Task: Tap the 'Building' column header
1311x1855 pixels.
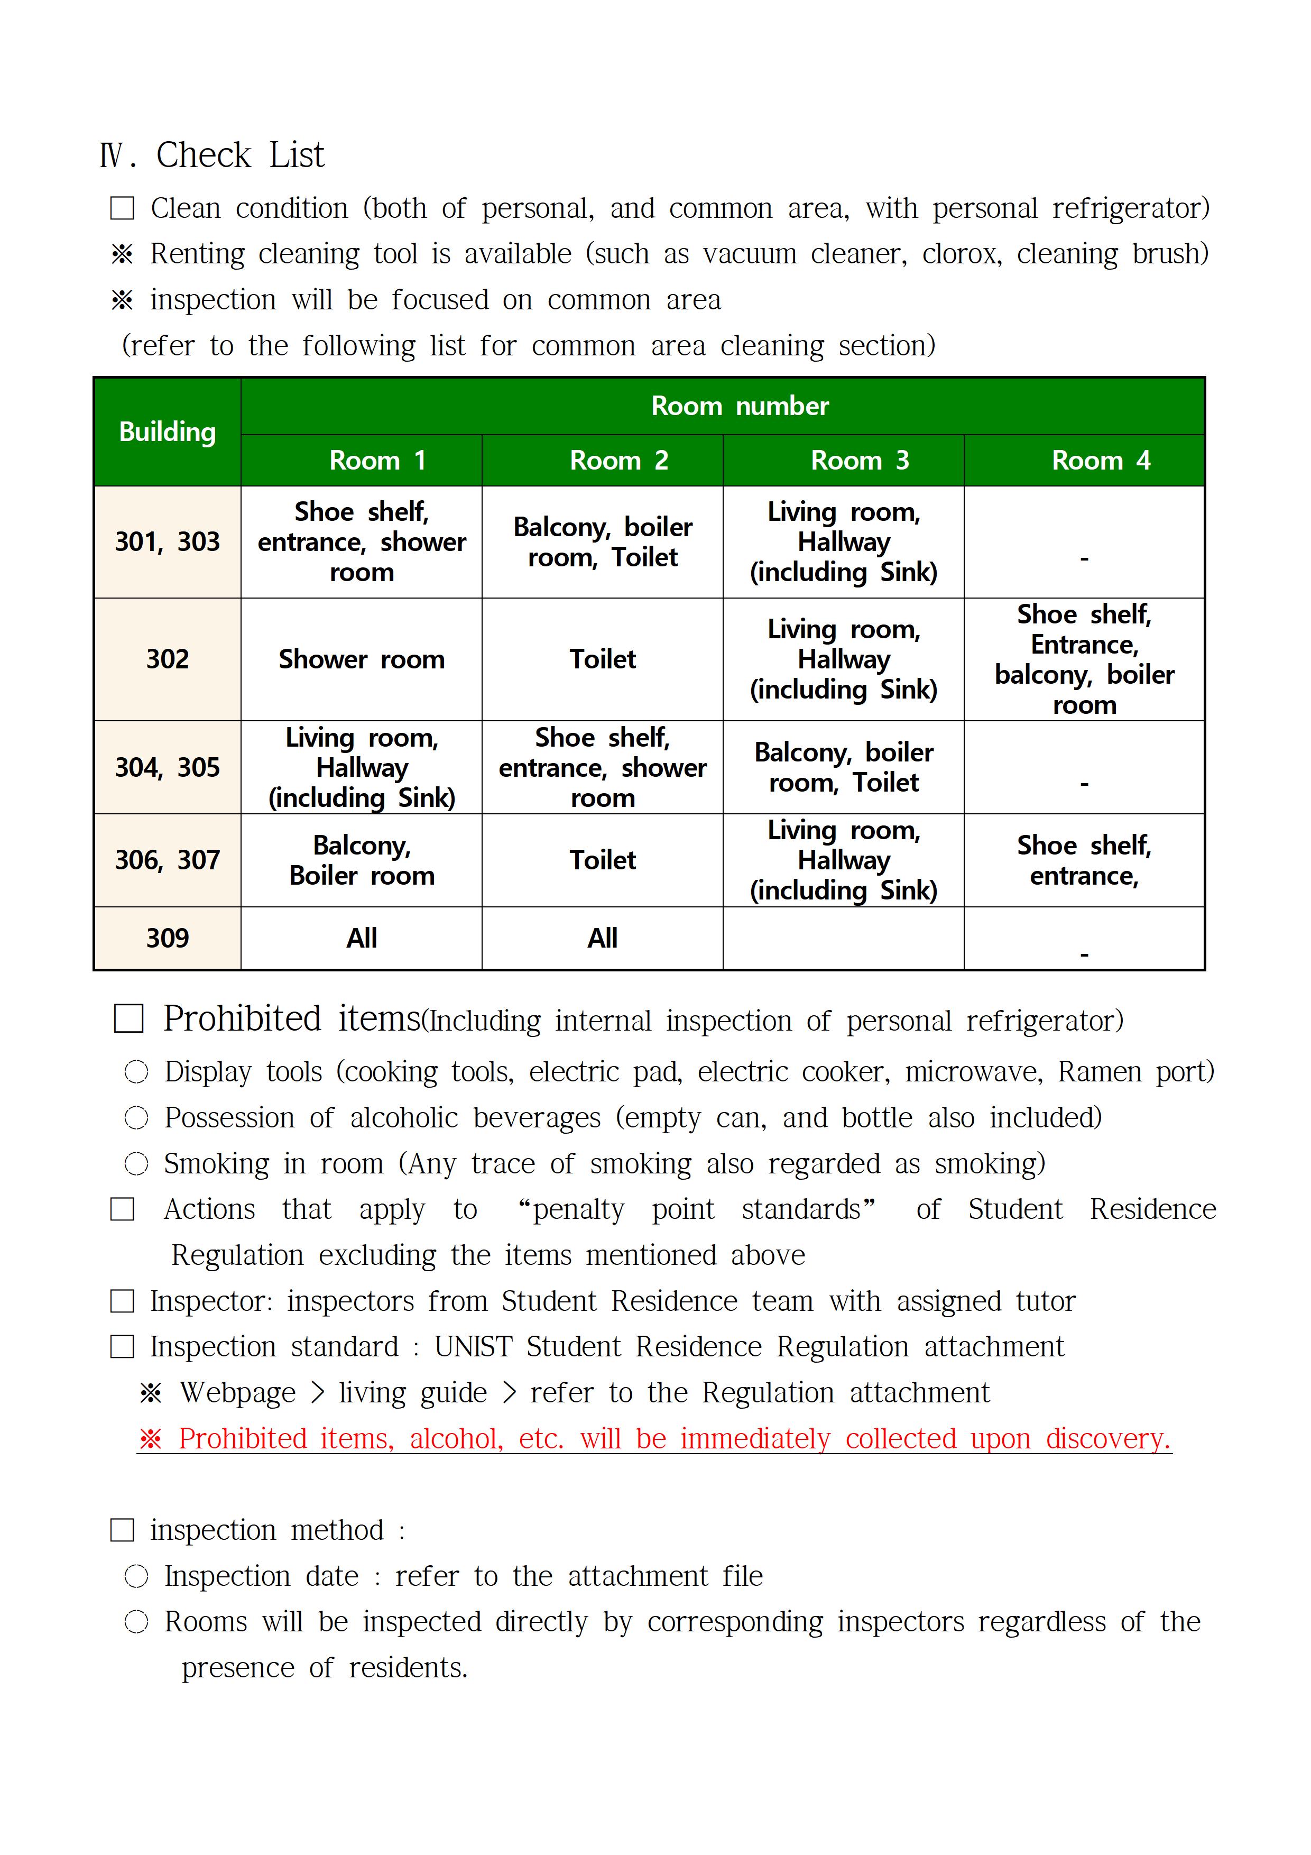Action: [167, 432]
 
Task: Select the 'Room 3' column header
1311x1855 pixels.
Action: [860, 461]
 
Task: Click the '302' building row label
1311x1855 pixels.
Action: [167, 659]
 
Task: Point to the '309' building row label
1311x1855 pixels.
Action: [167, 938]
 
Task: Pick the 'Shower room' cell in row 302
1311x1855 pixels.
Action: [361, 659]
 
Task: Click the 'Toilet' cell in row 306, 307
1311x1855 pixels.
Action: [603, 860]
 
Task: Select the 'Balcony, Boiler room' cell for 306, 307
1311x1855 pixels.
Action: [361, 860]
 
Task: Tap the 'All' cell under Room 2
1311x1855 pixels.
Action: [603, 938]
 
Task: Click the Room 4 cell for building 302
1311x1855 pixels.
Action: [1084, 659]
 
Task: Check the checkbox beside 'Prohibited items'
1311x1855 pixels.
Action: [128, 1019]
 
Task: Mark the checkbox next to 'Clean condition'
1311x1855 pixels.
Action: [122, 208]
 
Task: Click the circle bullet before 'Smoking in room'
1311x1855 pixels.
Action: [136, 1164]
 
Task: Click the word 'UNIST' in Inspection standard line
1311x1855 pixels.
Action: [473, 1347]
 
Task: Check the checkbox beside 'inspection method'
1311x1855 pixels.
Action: [122, 1530]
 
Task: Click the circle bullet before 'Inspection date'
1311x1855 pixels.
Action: [136, 1576]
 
